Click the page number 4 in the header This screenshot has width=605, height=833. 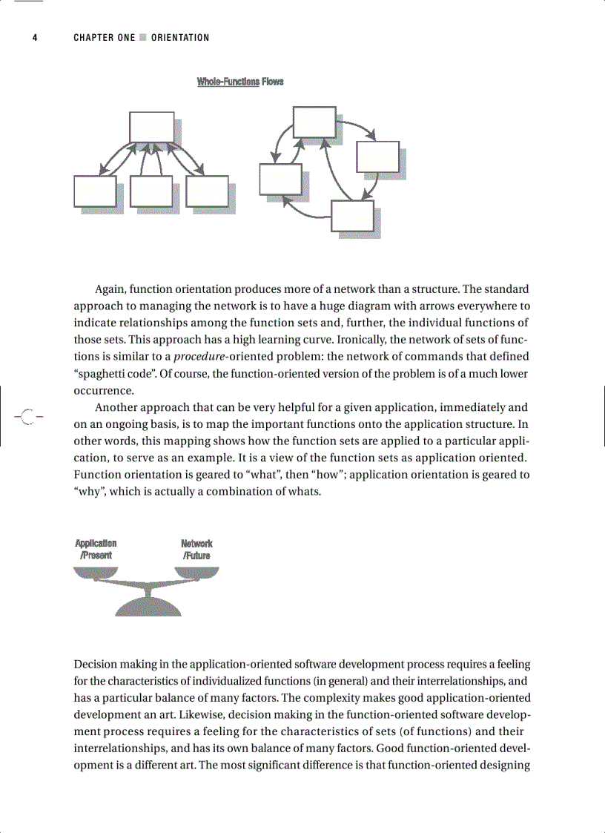click(34, 38)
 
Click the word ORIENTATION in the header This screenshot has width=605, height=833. click(180, 38)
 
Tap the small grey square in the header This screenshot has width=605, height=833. click(143, 38)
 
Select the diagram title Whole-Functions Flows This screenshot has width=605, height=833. click(239, 82)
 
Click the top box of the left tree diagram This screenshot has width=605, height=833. click(151, 127)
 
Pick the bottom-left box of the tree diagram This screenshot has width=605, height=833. click(95, 191)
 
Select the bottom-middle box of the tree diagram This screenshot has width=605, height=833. click(151, 191)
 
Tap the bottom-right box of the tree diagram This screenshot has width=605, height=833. click(207, 191)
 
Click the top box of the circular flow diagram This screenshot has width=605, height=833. click(314, 122)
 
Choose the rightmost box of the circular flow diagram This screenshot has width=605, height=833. click(377, 157)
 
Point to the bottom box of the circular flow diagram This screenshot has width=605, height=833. click(352, 216)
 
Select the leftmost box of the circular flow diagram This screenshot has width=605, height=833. click(280, 180)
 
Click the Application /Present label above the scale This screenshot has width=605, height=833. click(96, 549)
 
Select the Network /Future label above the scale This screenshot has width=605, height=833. click(196, 549)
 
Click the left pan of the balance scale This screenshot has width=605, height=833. click(96, 572)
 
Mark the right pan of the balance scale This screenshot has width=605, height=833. click(196, 572)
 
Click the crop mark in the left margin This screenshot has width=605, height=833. click(27, 417)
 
